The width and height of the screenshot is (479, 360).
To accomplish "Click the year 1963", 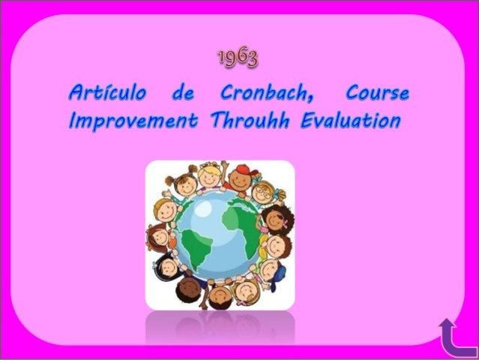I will [x=238, y=58].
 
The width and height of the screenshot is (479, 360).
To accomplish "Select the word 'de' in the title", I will [x=182, y=94].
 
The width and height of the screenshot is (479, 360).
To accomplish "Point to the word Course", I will [x=378, y=94].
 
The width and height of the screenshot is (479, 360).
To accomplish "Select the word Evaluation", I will [x=349, y=120].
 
